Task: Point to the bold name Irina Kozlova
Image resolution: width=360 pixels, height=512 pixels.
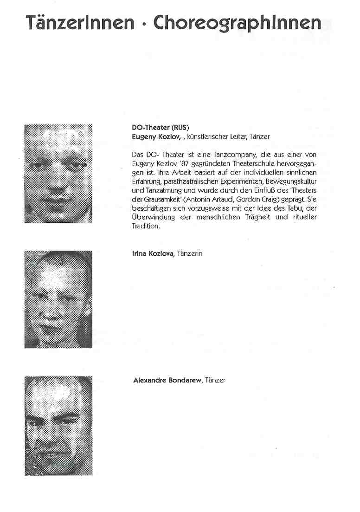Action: (x=152, y=253)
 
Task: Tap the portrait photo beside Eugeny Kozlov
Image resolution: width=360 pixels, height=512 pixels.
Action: (x=58, y=173)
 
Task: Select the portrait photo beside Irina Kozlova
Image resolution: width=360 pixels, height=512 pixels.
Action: (x=58, y=299)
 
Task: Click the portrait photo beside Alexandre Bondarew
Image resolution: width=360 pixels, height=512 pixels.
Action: (x=58, y=426)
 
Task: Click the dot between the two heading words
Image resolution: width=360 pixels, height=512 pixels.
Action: (x=145, y=23)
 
